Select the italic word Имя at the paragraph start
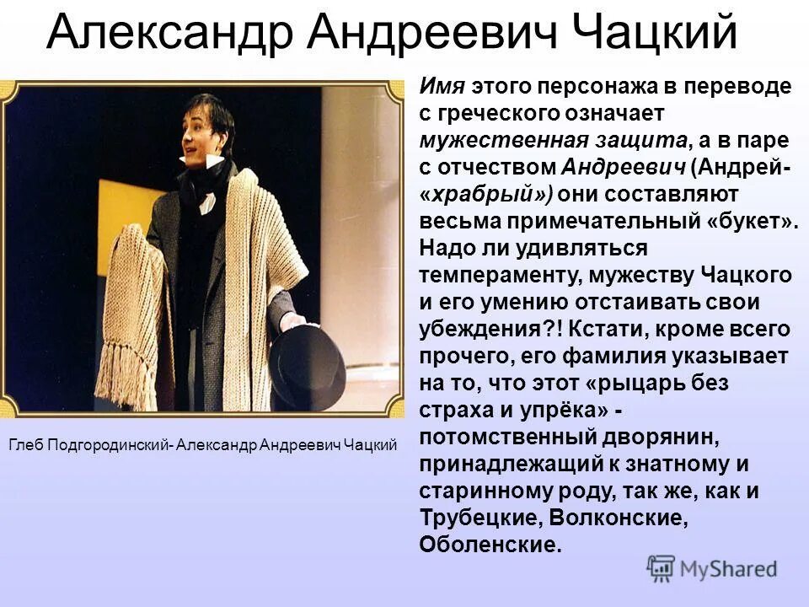coord(438,85)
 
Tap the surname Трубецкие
coord(472,518)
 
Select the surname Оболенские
coord(489,545)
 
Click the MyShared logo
coord(711,568)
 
